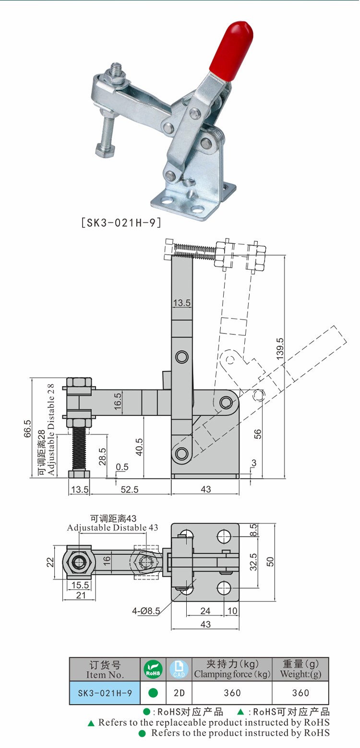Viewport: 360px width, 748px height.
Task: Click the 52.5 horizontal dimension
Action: [130, 489]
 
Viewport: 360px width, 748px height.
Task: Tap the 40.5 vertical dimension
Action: [139, 447]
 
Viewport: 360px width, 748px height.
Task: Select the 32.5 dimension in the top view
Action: [254, 561]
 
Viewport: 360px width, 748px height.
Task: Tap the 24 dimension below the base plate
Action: [205, 611]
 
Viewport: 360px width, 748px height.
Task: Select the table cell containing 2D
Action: [179, 693]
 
